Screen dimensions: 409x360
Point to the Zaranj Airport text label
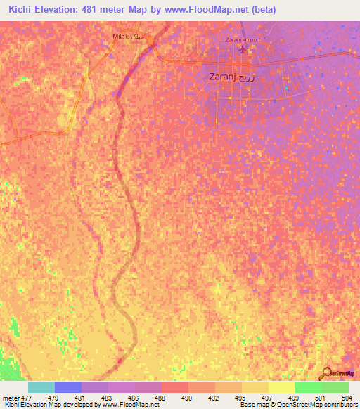point(243,40)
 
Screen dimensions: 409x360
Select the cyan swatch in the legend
point(41,387)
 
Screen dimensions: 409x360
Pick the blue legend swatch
point(68,387)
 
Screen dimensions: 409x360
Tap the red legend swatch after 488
point(174,387)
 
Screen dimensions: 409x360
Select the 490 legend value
point(188,398)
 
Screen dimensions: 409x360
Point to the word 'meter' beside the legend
point(10,398)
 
